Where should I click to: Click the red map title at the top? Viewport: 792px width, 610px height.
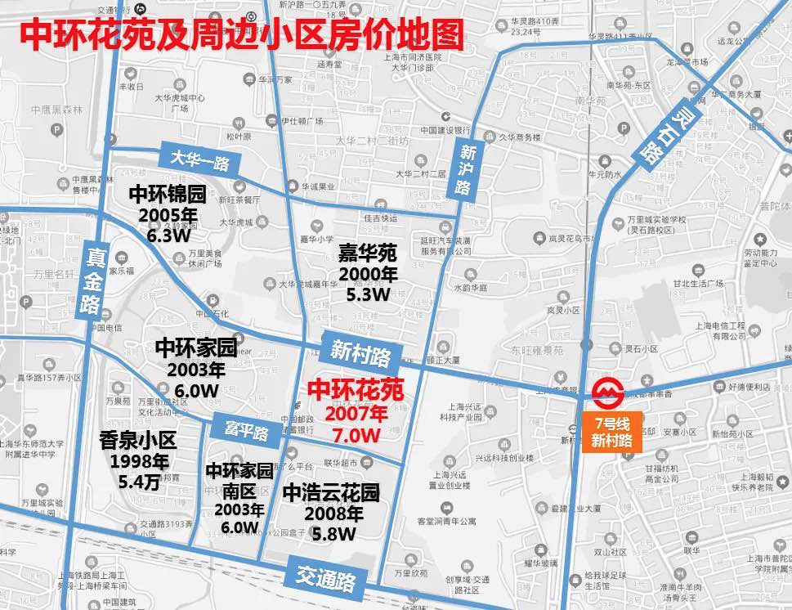[241, 35]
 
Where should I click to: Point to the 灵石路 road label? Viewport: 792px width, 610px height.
[661, 132]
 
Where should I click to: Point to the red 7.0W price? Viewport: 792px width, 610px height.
[356, 435]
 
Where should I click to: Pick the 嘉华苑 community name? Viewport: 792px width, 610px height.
[368, 253]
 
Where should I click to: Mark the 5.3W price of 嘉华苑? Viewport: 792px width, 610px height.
[369, 293]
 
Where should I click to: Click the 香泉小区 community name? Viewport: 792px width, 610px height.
[137, 441]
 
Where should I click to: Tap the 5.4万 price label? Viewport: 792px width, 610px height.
[137, 482]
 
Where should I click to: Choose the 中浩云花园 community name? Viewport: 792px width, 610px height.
[331, 494]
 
